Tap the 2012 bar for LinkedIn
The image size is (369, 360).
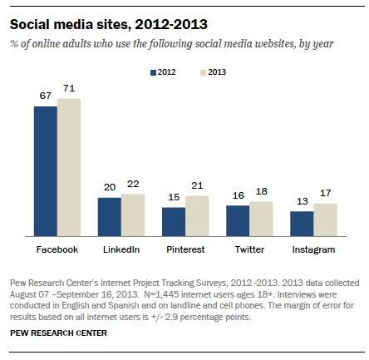point(109,220)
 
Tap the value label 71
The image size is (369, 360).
point(69,88)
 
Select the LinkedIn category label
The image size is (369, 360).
point(121,249)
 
